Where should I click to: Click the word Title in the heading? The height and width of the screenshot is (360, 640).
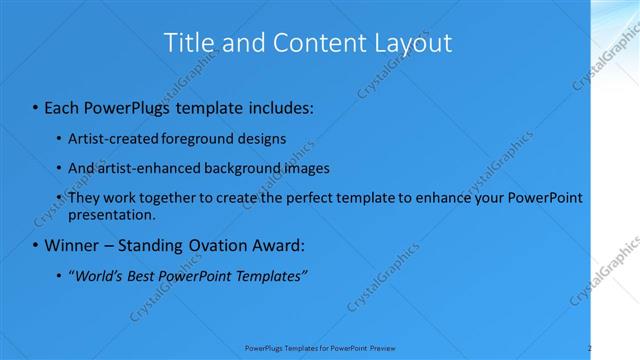[185, 43]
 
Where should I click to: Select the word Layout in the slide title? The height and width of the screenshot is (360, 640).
[412, 43]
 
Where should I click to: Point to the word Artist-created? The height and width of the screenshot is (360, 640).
[106, 138]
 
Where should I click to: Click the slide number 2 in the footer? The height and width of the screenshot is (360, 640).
[590, 347]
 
